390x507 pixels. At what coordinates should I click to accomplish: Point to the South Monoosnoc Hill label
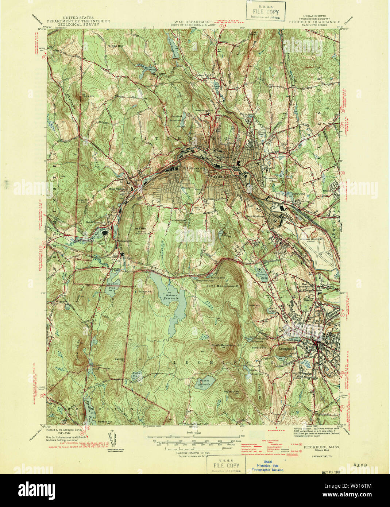(x=227, y=345)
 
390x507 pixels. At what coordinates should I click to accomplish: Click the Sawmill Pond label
(x=111, y=285)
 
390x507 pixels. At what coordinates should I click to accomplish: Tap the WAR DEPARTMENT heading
(x=193, y=22)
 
